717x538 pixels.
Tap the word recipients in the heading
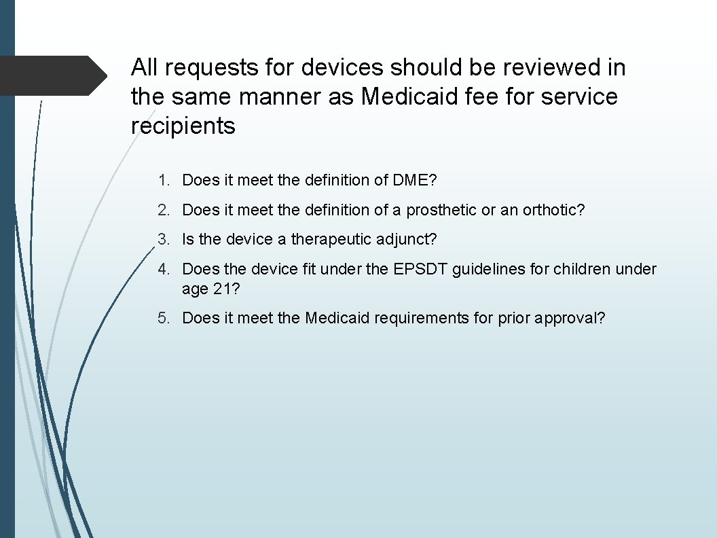(x=183, y=126)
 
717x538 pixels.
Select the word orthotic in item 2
(x=553, y=211)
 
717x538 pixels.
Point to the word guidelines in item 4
(x=482, y=269)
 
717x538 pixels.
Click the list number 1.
(x=162, y=181)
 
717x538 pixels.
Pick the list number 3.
(x=162, y=240)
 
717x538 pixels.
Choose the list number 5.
(x=162, y=318)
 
